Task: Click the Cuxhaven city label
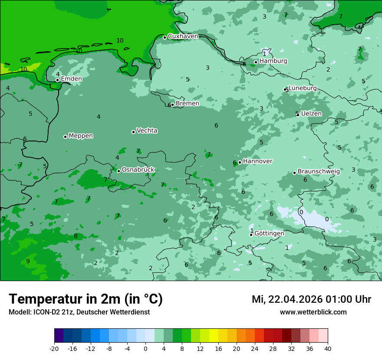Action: [x=183, y=36]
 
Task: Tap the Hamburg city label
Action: [x=273, y=61]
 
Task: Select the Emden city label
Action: [x=71, y=79]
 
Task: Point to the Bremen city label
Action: [x=188, y=104]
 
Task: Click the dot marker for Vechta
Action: [x=133, y=132]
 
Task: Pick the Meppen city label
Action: [x=81, y=136]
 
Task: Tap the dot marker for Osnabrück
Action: [x=119, y=171]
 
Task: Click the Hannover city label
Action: [x=257, y=161]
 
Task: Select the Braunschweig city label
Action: [x=319, y=172]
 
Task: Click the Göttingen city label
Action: [x=269, y=233]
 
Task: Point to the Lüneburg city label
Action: [x=303, y=88]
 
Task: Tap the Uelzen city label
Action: [x=311, y=114]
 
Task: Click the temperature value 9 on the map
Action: [x=28, y=261]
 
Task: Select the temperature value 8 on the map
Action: [x=76, y=236]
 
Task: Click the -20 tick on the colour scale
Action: [x=54, y=349]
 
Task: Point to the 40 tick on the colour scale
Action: [x=328, y=349]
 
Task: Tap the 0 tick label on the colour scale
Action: [x=145, y=349]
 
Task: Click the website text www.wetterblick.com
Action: [x=313, y=312]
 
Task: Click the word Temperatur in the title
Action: [x=46, y=299]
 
